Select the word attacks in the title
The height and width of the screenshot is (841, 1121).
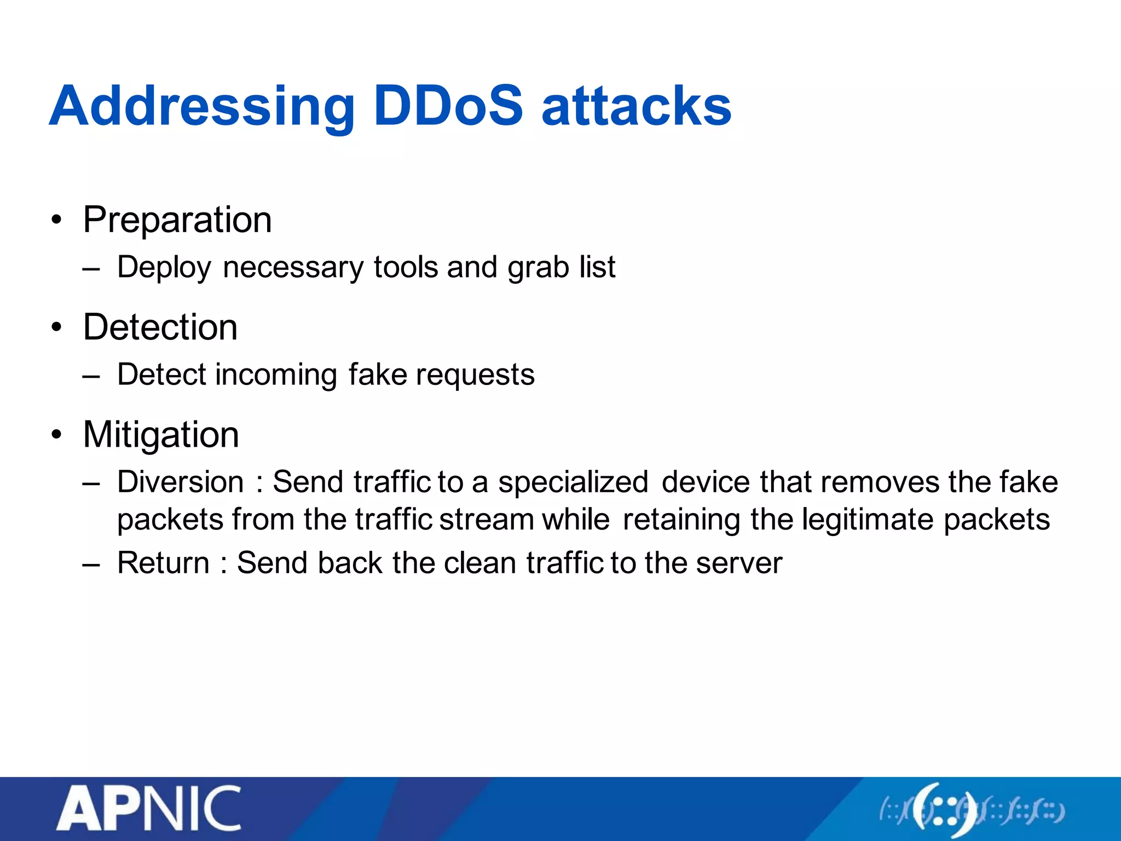[x=636, y=107]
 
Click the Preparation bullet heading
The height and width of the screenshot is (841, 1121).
[x=177, y=220]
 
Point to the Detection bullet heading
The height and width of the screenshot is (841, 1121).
[x=160, y=327]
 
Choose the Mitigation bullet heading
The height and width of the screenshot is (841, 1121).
[x=161, y=435]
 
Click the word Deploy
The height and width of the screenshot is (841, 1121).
[x=164, y=268]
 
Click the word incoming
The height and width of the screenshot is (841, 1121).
[x=276, y=375]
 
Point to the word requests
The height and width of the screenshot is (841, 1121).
[x=475, y=376]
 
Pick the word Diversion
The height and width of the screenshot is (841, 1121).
[x=181, y=482]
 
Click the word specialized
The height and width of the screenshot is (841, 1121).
[x=573, y=483]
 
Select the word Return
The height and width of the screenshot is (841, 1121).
[x=163, y=563]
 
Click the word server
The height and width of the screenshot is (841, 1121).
[x=739, y=563]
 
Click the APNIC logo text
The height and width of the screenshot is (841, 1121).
[x=149, y=809]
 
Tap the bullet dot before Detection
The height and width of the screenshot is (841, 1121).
[x=56, y=327]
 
